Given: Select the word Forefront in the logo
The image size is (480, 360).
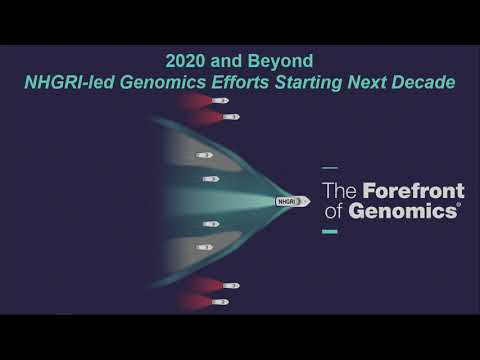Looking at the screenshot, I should point(412,189).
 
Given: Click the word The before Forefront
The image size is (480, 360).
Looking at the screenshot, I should point(340,189).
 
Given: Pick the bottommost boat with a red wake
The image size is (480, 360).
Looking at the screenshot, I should point(221,301).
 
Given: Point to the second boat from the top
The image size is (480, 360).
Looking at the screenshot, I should point(230,117).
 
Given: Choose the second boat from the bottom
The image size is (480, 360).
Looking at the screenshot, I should point(230,286).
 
